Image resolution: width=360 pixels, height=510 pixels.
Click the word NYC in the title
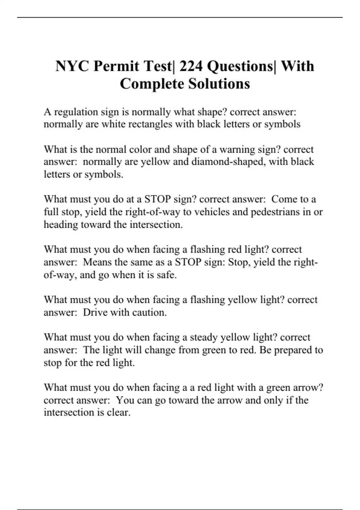(x=72, y=66)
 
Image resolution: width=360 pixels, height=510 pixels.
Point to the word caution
(x=149, y=313)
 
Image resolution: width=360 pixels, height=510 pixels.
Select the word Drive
(x=95, y=313)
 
